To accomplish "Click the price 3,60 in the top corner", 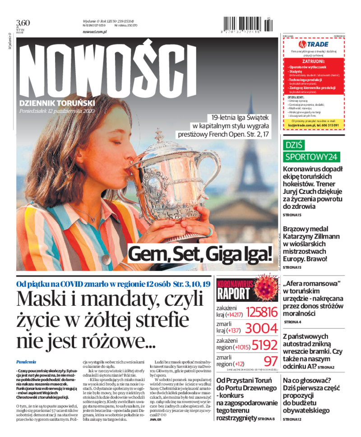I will pyautogui.click(x=23, y=23).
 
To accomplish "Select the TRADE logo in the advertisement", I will pyautogui.click(x=313, y=44).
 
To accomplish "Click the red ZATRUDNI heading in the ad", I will pyautogui.click(x=313, y=60).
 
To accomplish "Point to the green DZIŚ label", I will pyautogui.click(x=294, y=145).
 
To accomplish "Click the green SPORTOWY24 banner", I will pyautogui.click(x=311, y=157).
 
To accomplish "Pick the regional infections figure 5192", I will pyautogui.click(x=264, y=345).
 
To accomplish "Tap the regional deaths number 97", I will pyautogui.click(x=270, y=361).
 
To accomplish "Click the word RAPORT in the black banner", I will pyautogui.click(x=233, y=294).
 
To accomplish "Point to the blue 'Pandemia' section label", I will pyautogui.click(x=26, y=362).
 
